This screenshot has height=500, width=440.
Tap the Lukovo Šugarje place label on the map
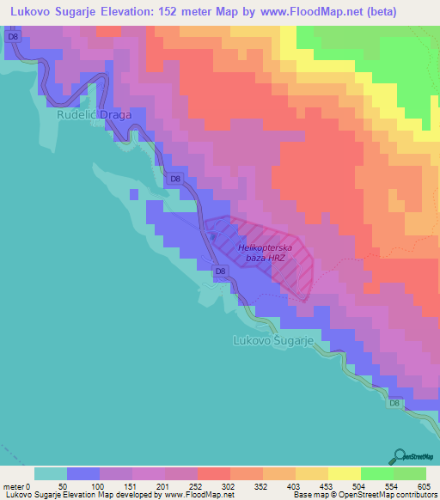point(276,340)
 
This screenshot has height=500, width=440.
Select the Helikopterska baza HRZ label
point(266,253)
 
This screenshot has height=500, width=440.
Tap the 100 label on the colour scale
point(100,486)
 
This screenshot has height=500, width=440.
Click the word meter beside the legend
point(14,486)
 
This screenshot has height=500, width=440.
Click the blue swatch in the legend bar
point(83,473)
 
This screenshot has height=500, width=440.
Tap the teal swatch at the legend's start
point(51,473)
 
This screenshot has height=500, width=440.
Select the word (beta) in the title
point(406,13)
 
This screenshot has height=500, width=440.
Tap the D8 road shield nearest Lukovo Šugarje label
point(221,271)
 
